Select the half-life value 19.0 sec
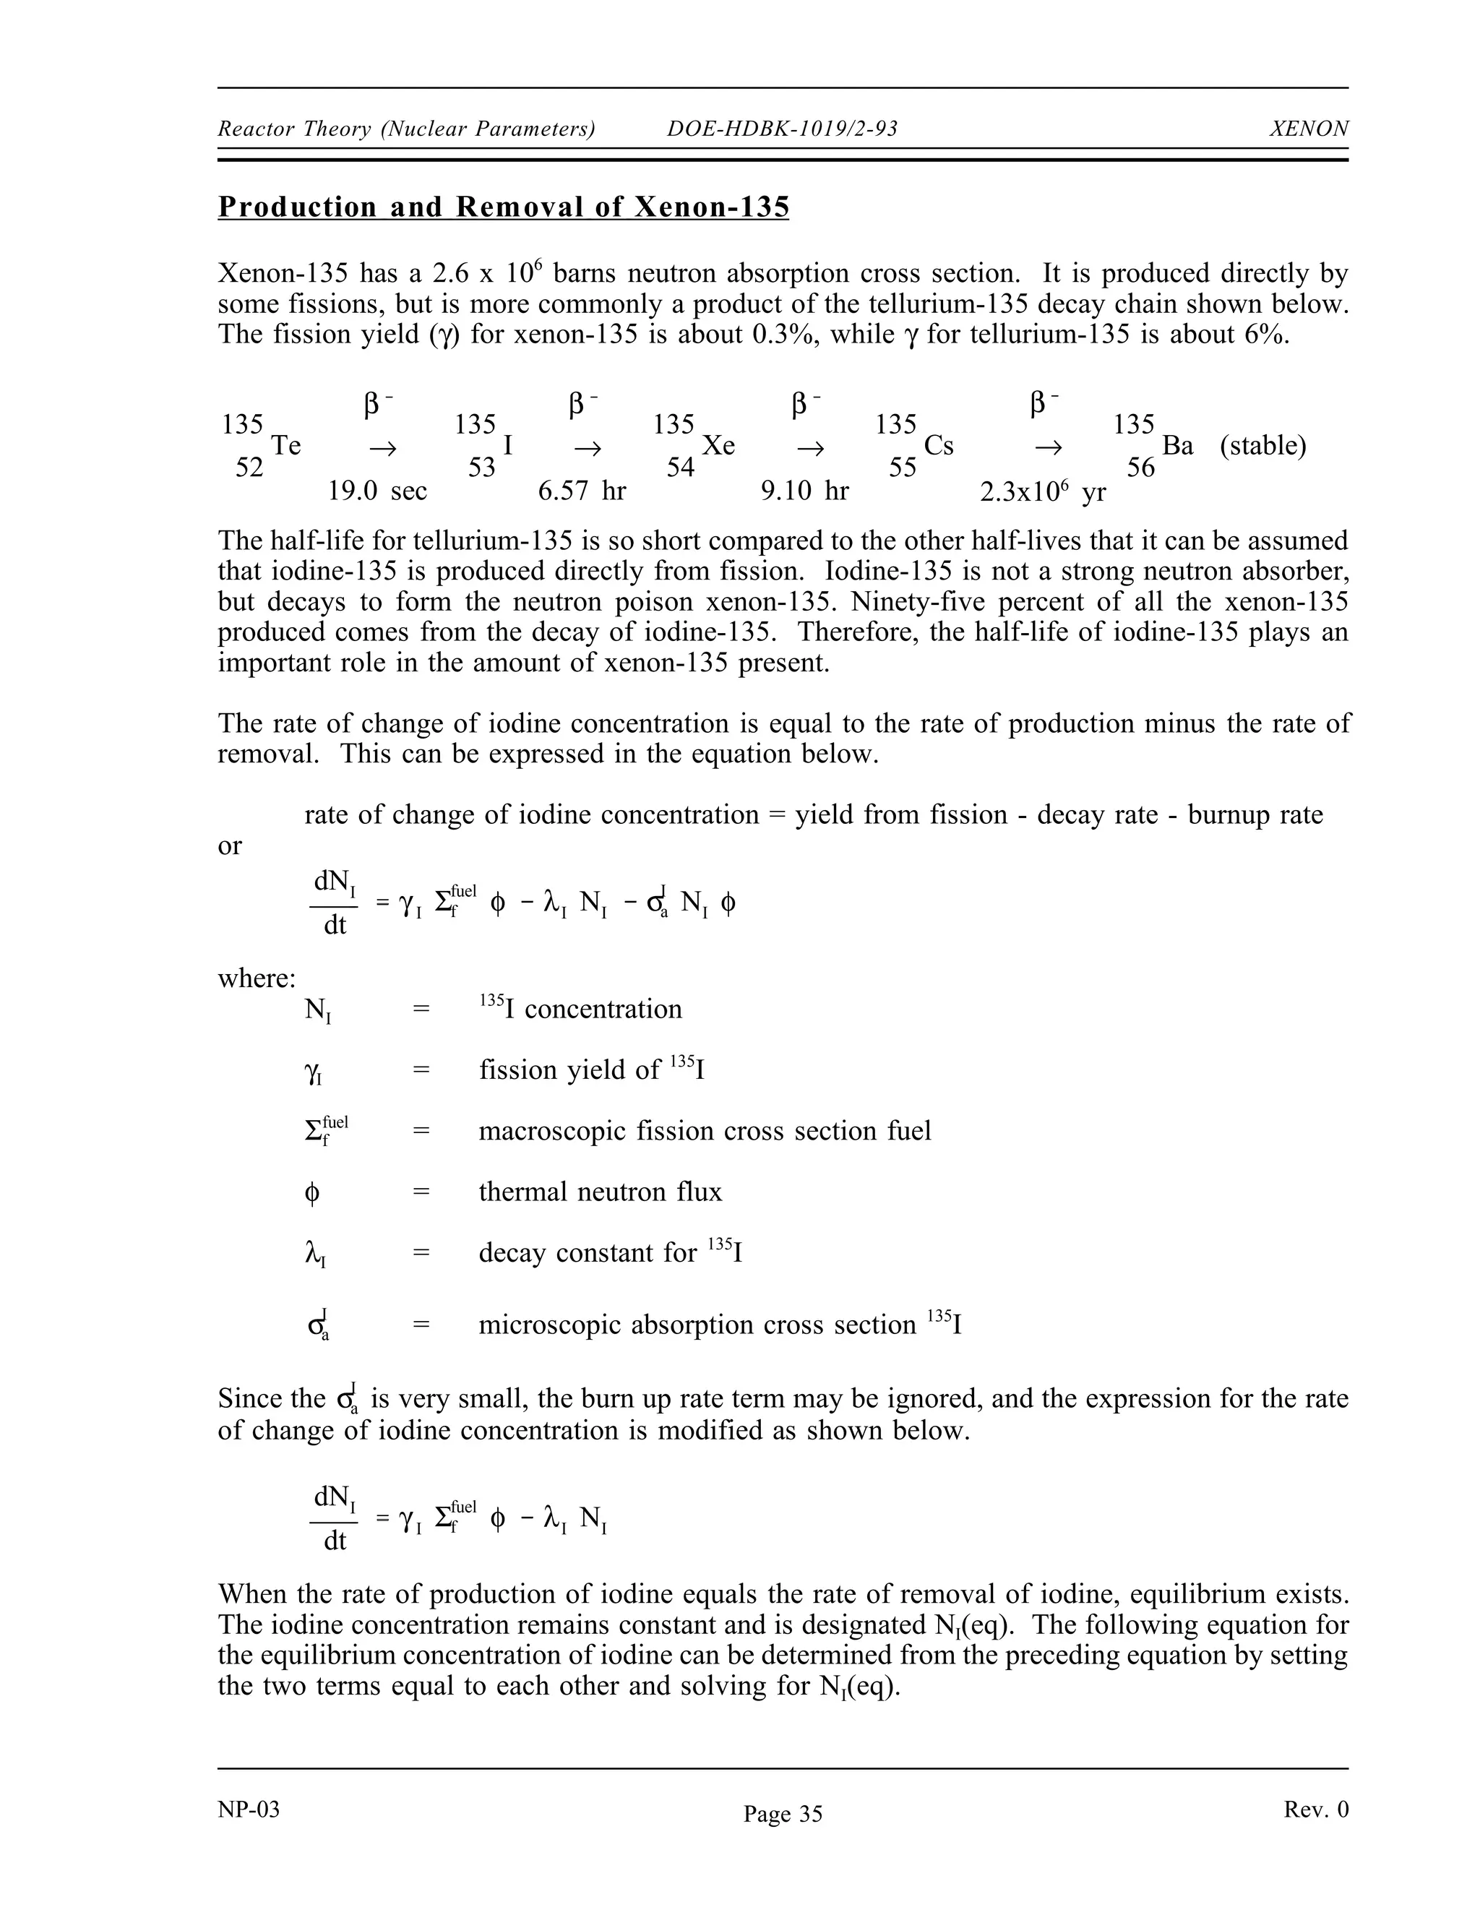pos(377,491)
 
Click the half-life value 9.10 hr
pos(805,491)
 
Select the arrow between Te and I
pos(382,449)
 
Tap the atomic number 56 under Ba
pos(1140,468)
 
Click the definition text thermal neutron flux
pos(600,1192)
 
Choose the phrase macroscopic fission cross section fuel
pos(704,1131)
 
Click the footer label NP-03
pos(249,1809)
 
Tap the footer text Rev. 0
pos(1316,1809)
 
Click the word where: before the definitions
pos(257,978)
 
